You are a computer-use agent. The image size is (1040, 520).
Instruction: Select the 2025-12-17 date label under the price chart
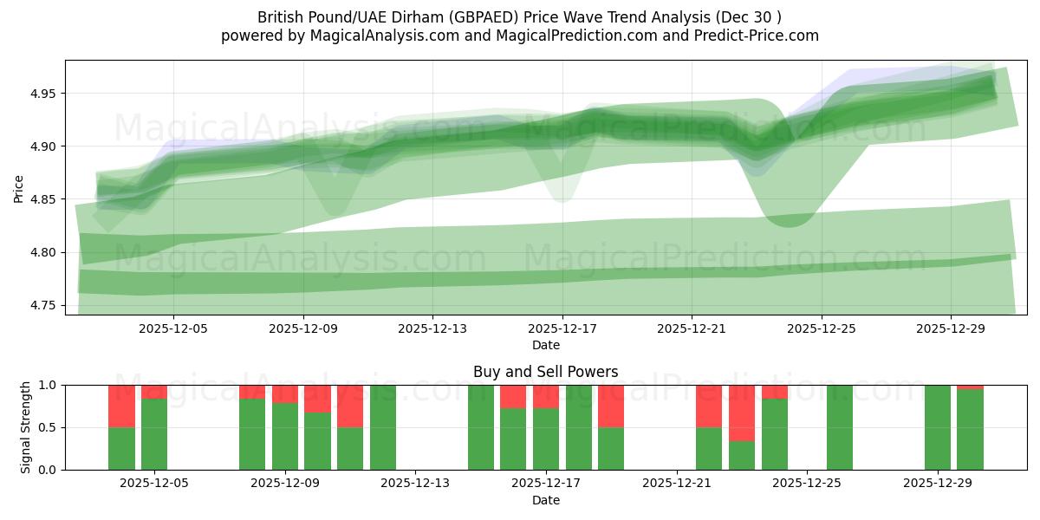tap(562, 329)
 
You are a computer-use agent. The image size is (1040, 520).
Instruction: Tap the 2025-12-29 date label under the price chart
tap(951, 329)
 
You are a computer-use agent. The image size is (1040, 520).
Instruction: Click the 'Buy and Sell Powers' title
tap(545, 372)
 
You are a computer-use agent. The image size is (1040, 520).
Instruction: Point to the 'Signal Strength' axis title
tap(26, 427)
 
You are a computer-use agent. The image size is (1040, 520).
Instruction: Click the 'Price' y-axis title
tap(19, 188)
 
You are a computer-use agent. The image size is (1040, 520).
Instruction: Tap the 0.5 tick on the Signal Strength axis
tap(48, 427)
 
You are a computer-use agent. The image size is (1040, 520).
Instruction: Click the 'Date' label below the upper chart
tap(545, 345)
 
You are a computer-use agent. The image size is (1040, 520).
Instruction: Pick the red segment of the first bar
tap(121, 406)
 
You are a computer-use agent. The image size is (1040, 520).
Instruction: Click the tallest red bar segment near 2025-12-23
tap(742, 413)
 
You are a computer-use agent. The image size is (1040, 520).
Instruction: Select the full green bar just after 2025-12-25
tap(839, 427)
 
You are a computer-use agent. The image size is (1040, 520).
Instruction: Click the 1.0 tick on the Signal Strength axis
tap(48, 385)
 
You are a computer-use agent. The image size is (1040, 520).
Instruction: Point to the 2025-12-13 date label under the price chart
tap(432, 329)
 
